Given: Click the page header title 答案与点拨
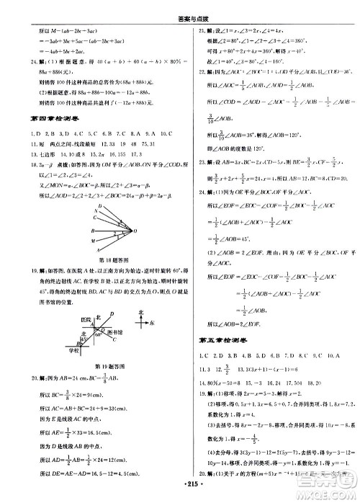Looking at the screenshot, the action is point(180,6).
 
